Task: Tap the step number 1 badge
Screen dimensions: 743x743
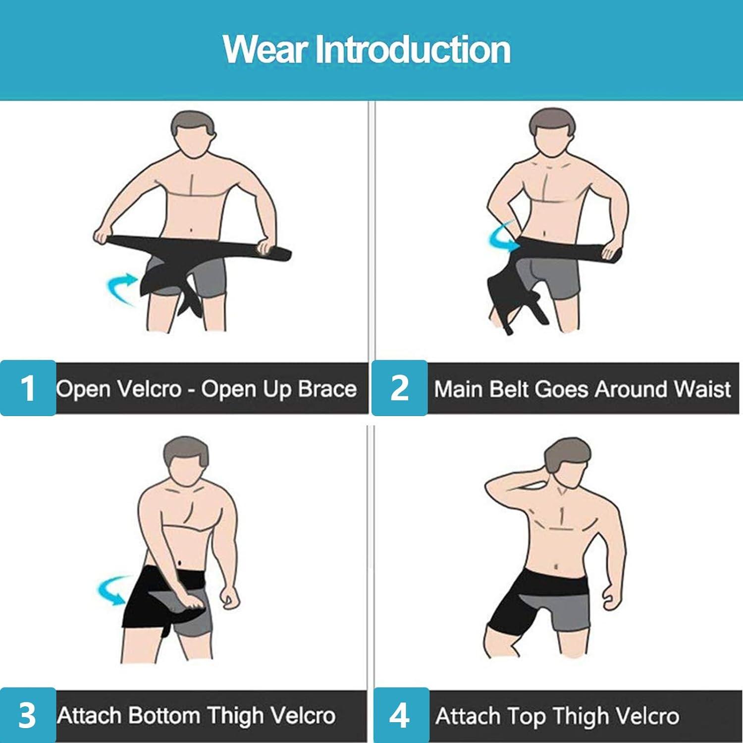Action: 28,388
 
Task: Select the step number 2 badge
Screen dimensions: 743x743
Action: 399,388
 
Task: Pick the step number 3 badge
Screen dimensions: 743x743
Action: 28,715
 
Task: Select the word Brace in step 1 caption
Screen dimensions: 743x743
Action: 328,389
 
